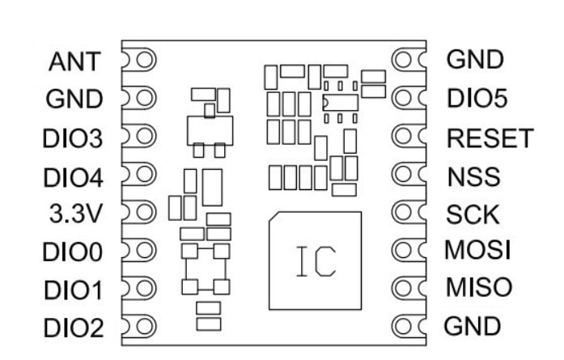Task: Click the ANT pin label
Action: coord(74,61)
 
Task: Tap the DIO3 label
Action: coord(73,139)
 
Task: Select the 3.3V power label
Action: coord(76,214)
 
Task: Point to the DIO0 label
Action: coord(73,252)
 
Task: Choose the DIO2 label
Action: coord(74,328)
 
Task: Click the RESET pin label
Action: coord(490,138)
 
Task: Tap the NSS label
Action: coord(473,176)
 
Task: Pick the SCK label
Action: coord(473,214)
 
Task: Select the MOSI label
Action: coord(477,250)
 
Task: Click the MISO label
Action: coord(479,287)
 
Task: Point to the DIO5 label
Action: coord(477,98)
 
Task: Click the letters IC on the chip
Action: coord(316,261)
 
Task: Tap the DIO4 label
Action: coord(73,178)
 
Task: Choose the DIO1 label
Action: coord(73,290)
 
